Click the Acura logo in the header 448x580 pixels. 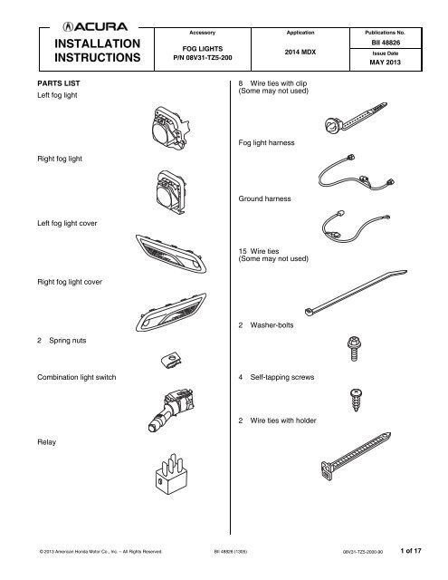pyautogui.click(x=95, y=26)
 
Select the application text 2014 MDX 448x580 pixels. pyautogui.click(x=300, y=53)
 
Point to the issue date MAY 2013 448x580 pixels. pyautogui.click(x=386, y=63)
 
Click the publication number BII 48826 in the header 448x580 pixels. pyautogui.click(x=386, y=43)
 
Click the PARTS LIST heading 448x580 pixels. pyautogui.click(x=59, y=83)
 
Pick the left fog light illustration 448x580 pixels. pyautogui.click(x=171, y=128)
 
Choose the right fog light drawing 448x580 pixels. pyautogui.click(x=170, y=192)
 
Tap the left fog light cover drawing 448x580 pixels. pyautogui.click(x=171, y=254)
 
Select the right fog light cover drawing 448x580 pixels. pyautogui.click(x=171, y=312)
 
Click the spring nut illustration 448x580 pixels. pyautogui.click(x=171, y=360)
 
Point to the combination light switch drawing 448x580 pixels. pyautogui.click(x=171, y=411)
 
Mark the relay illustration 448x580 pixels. pyautogui.click(x=171, y=475)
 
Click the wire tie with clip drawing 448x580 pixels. pyautogui.click(x=356, y=118)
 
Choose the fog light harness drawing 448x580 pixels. pyautogui.click(x=357, y=172)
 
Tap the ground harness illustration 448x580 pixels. pyautogui.click(x=356, y=227)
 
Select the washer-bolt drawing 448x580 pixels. pyautogui.click(x=354, y=348)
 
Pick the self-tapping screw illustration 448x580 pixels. pyautogui.click(x=356, y=400)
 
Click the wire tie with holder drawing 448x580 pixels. pyautogui.click(x=356, y=457)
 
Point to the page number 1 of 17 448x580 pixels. pyautogui.click(x=411, y=551)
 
